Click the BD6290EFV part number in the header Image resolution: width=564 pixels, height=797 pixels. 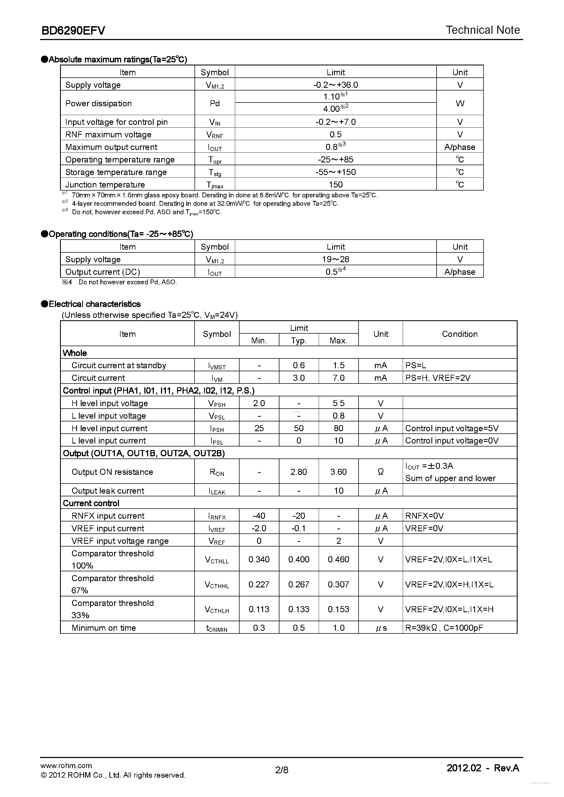pos(73,31)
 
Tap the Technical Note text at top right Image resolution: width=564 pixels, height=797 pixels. pos(483,30)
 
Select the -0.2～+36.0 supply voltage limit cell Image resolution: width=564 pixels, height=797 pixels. pos(335,85)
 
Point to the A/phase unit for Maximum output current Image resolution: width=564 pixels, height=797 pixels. pos(459,147)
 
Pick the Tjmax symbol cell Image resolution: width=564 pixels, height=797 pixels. pos(214,185)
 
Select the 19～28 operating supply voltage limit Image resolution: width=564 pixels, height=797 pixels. pos(335,259)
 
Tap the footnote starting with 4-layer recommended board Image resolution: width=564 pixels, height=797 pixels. pos(205,203)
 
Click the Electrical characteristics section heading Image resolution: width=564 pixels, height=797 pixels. pos(94,304)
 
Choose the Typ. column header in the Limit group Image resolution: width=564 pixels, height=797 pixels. pos(299,340)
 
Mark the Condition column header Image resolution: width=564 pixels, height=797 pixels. pos(459,334)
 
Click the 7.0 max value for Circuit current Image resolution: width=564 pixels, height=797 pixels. pos(338,378)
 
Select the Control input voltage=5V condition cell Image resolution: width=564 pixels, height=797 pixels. pos(452,428)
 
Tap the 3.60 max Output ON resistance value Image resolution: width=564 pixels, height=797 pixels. pos(338,472)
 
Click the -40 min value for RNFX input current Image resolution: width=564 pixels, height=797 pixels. pos(259,516)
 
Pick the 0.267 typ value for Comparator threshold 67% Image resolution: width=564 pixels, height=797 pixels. pos(299,584)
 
